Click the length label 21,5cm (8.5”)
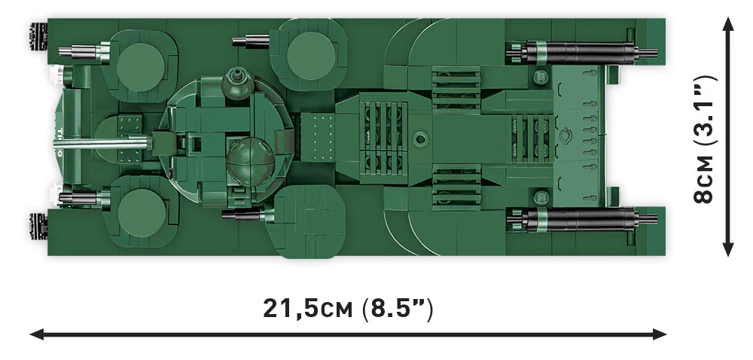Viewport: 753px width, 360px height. pos(348,309)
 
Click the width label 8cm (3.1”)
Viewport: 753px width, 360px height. pos(705,139)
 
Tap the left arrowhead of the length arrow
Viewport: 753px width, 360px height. pos(35,333)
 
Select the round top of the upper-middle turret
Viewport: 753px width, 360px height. pos(307,56)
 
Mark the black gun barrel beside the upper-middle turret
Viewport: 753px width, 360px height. pos(252,41)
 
